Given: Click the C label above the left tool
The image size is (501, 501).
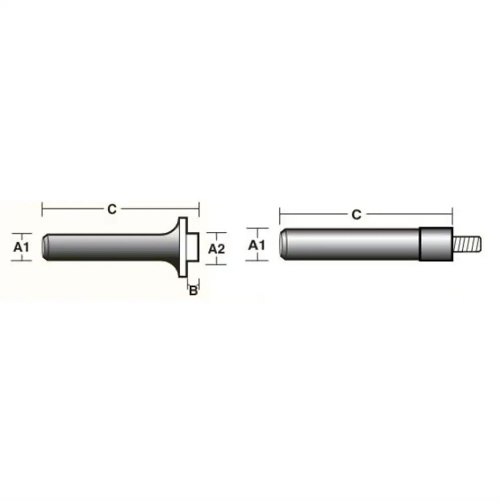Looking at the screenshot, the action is [112, 209].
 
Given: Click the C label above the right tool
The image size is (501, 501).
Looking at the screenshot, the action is [356, 214].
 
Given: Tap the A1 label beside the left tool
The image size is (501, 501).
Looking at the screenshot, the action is [22, 247].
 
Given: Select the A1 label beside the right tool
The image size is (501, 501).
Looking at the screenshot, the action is [257, 245].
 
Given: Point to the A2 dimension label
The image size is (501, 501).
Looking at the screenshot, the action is [216, 249].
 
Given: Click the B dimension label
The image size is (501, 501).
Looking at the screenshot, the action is [193, 291].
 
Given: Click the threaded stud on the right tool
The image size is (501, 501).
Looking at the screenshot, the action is [467, 244].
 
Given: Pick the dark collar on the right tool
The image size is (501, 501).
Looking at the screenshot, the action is [436, 244].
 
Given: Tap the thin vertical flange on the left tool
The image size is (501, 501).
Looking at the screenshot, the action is [183, 247].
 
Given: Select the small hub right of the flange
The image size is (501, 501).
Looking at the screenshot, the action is [193, 247].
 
